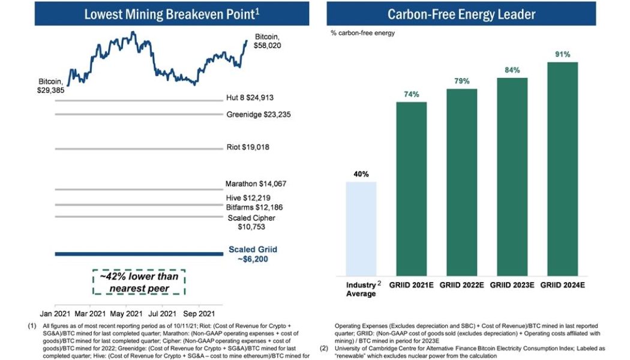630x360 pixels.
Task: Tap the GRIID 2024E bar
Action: tap(562, 168)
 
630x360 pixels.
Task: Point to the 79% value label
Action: tap(461, 81)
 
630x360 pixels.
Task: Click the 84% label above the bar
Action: tap(512, 70)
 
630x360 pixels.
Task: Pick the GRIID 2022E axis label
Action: tap(461, 284)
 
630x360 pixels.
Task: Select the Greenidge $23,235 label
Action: tap(259, 114)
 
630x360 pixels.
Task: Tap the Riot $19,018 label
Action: tap(248, 147)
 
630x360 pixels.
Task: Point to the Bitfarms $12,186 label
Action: tap(254, 207)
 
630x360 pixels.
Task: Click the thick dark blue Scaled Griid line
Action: tap(138, 254)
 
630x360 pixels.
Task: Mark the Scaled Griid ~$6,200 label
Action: tap(253, 254)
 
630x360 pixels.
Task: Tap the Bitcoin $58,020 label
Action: tap(267, 41)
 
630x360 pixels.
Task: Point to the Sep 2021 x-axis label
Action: tap(199, 313)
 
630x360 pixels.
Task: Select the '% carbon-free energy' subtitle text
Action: tap(362, 33)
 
